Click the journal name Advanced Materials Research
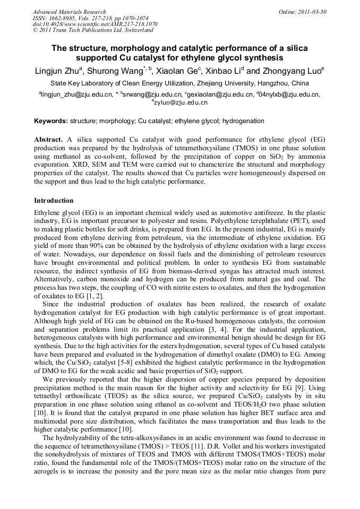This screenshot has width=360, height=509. (x=69, y=12)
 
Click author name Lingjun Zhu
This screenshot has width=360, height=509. (x=58, y=71)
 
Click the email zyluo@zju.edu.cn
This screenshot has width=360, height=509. (x=181, y=102)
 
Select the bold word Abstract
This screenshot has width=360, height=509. (x=49, y=139)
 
